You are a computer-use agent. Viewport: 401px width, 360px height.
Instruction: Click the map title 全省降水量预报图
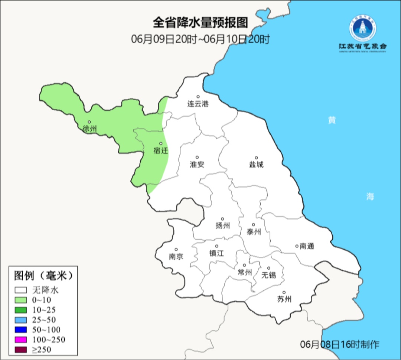click(200, 23)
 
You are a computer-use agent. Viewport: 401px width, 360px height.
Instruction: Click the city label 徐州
click(90, 129)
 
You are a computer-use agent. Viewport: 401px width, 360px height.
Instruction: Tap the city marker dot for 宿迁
click(161, 143)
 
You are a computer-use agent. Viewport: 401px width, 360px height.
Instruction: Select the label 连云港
click(198, 104)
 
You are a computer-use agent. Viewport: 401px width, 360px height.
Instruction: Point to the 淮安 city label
click(197, 164)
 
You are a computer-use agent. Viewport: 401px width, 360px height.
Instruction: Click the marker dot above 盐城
click(256, 158)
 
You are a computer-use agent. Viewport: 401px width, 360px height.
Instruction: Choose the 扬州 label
click(223, 226)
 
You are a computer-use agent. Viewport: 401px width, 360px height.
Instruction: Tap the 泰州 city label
click(254, 232)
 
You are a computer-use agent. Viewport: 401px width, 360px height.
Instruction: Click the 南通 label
click(307, 246)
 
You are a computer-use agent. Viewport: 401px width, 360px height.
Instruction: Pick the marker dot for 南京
click(176, 250)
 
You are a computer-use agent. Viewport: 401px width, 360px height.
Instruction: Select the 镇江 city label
click(217, 253)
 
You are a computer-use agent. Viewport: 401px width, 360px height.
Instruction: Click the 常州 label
click(245, 272)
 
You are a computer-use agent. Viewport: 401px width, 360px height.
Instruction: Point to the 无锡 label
click(269, 275)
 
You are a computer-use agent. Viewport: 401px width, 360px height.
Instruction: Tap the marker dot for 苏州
click(284, 293)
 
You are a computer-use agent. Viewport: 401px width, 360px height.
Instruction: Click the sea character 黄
click(332, 120)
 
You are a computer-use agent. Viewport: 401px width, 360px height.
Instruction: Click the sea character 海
click(370, 197)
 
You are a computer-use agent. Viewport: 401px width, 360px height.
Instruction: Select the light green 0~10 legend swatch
click(21, 300)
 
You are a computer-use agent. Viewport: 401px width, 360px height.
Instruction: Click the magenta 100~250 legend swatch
click(21, 340)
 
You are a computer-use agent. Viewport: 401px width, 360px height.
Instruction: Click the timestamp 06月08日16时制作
click(340, 344)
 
